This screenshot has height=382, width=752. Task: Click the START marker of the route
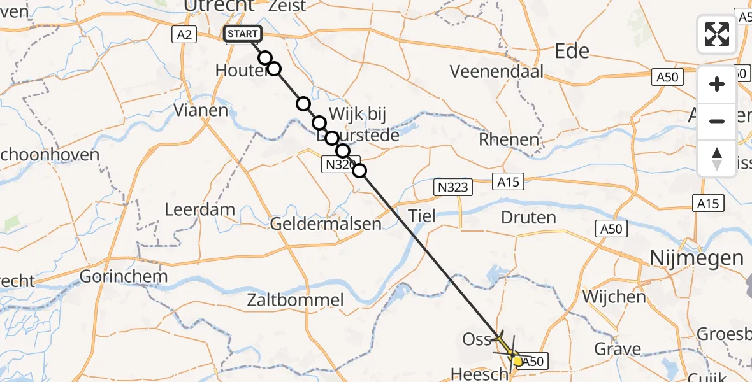243,34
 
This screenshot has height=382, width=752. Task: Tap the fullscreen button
717,34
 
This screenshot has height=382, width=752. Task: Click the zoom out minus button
717,121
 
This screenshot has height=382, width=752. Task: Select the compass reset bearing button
717,159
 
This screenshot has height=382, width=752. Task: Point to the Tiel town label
421,216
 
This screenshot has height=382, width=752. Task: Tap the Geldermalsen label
326,224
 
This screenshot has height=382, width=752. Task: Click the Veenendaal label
497,71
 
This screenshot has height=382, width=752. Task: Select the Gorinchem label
124,276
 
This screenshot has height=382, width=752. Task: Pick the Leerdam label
199,209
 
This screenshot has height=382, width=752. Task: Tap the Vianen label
201,110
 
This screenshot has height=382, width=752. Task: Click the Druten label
528,218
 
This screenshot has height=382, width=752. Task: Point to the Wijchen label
613,297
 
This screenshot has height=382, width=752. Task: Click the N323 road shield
454,187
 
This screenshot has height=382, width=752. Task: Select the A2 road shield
184,35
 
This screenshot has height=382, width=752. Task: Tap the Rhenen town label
509,139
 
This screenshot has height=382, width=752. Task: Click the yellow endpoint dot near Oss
517,361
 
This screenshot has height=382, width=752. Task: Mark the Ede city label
572,51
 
